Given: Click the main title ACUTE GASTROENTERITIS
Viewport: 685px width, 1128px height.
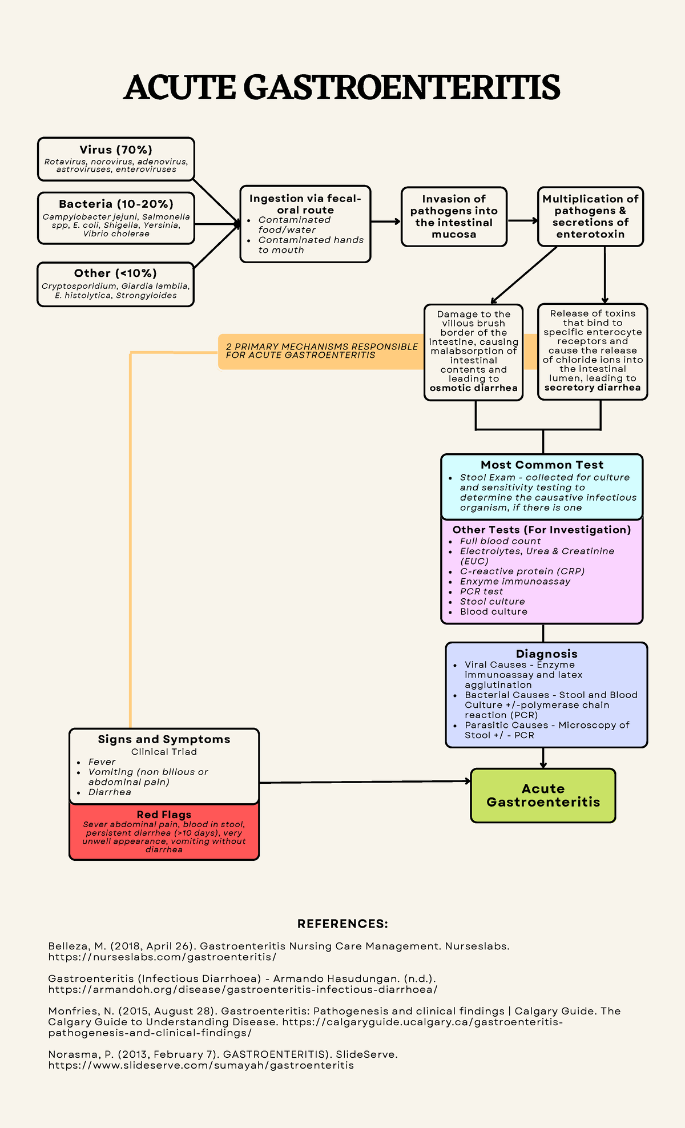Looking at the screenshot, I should pos(342,87).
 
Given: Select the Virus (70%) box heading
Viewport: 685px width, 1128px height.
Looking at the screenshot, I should pos(116,150).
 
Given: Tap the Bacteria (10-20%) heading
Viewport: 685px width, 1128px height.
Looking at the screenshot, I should pos(116,204).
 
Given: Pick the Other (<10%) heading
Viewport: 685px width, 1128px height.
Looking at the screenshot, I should pos(115,273).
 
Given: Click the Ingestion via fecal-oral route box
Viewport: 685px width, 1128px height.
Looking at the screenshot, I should pos(305,223).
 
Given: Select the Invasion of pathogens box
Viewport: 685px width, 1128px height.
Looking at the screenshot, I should pos(454,216).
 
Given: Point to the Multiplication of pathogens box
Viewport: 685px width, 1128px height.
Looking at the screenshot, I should pos(590,216).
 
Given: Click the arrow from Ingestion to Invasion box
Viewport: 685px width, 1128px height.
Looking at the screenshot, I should pos(386,221).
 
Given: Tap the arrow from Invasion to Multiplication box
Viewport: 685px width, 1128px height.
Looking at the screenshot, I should pos(522,220).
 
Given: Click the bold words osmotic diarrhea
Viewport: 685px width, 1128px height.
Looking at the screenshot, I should pos(474,388).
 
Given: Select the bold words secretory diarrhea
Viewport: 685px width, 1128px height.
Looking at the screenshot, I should pos(593,388).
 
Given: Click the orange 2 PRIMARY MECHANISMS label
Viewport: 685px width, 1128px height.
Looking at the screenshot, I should pos(321,351).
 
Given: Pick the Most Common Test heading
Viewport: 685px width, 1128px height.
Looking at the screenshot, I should pos(542,465).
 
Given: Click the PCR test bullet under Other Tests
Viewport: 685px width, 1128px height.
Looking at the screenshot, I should pos(482,591).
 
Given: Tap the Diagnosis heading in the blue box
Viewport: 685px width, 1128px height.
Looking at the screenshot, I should pos(546,654).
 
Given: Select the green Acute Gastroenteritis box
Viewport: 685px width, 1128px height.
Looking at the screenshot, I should pos(543,795).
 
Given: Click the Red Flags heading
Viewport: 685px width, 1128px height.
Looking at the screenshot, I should pos(164,815).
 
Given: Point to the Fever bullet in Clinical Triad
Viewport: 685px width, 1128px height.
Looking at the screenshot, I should pos(102,762).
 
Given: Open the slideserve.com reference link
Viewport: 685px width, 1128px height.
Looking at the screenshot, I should pos(201,1065).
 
